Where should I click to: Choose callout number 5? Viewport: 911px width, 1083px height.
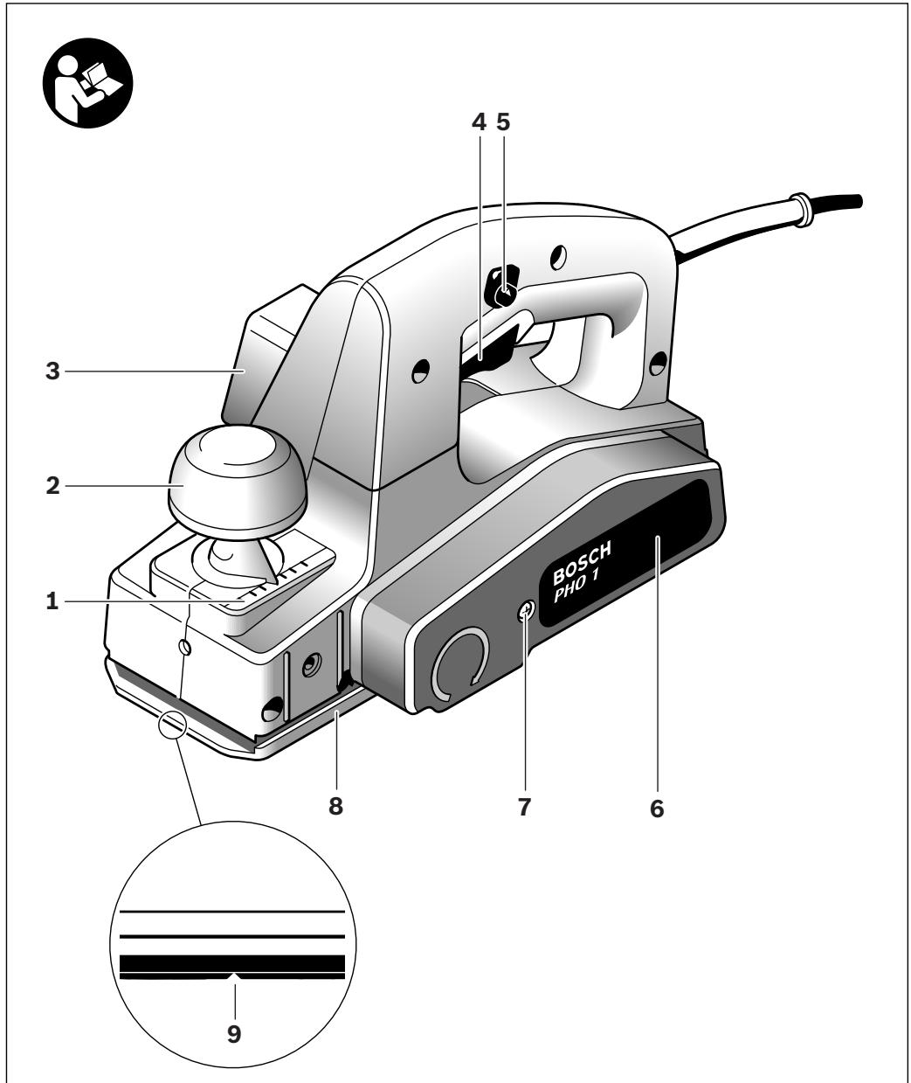(x=501, y=123)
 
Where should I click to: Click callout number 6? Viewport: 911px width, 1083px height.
(x=656, y=809)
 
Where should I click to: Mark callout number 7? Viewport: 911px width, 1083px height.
(x=524, y=807)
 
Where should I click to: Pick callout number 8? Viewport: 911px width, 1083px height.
(x=335, y=806)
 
